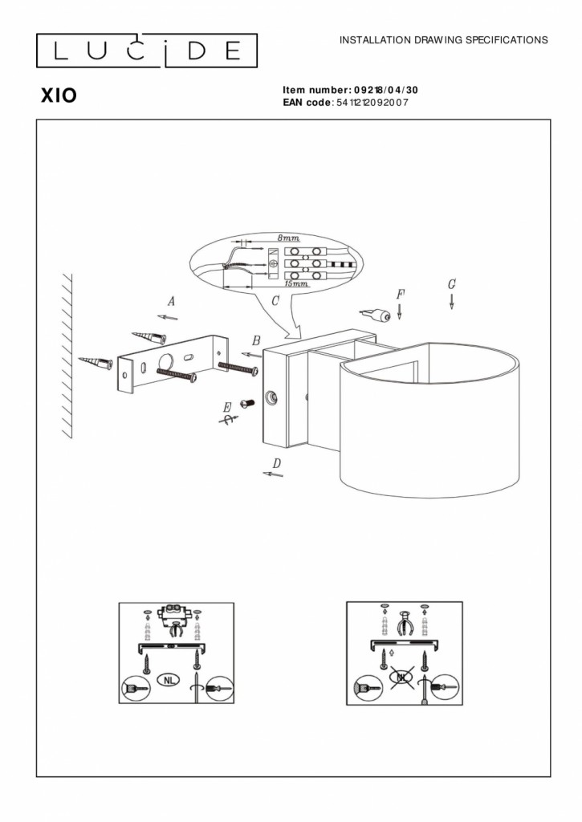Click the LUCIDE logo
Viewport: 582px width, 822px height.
146,51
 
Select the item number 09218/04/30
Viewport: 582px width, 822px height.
385,91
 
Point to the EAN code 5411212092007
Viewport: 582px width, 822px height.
372,103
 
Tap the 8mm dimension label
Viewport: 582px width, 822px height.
288,238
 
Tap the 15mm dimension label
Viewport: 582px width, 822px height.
298,284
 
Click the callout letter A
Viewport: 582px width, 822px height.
171,302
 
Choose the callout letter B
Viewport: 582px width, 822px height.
256,340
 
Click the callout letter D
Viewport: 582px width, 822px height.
276,462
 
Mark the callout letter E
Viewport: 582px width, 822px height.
227,406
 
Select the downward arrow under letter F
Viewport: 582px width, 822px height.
400,308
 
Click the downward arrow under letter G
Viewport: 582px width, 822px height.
452,302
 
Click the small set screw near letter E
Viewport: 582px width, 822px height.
247,403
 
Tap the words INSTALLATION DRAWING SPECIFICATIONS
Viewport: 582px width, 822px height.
444,39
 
